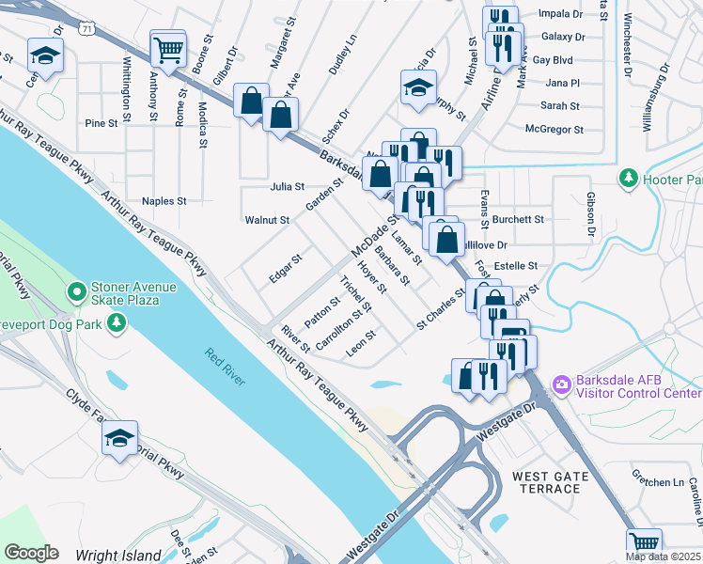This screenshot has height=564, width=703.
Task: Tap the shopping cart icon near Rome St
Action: tap(168, 49)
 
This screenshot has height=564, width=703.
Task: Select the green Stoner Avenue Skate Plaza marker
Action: tap(77, 293)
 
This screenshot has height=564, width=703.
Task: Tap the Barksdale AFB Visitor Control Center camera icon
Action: tap(562, 384)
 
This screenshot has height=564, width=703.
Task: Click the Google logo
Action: tap(32, 552)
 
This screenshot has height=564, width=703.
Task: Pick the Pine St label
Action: tap(101, 123)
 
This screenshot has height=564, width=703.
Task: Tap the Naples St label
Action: tap(164, 201)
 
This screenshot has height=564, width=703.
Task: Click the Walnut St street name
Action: tap(267, 220)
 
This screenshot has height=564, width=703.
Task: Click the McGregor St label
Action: tap(555, 130)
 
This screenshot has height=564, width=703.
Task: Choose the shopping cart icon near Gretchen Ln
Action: tap(644, 544)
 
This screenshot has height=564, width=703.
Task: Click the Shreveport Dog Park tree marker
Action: tap(117, 323)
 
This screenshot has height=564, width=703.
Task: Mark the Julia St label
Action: tap(287, 187)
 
